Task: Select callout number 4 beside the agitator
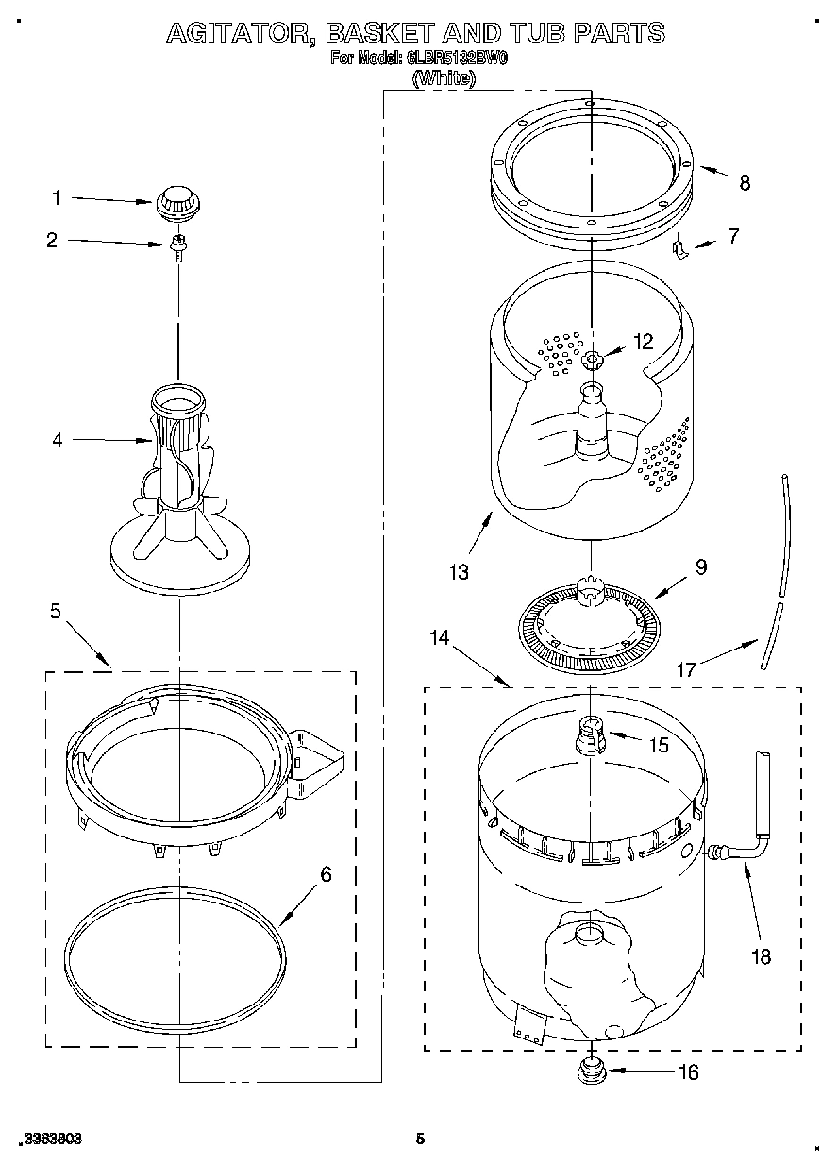pos(58,440)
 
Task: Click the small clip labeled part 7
pos(678,248)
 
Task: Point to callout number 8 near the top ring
pos(745,183)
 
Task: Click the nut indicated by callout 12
pos(593,359)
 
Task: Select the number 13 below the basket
pos(461,571)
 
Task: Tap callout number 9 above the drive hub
pos(700,567)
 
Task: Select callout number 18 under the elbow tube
pos(761,956)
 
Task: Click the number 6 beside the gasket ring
pos(326,874)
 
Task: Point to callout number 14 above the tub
pos(439,637)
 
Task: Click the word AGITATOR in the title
pos(241,34)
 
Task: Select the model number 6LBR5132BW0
pos(458,59)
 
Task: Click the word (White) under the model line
pos(444,79)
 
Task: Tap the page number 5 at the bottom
pos(421,1140)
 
